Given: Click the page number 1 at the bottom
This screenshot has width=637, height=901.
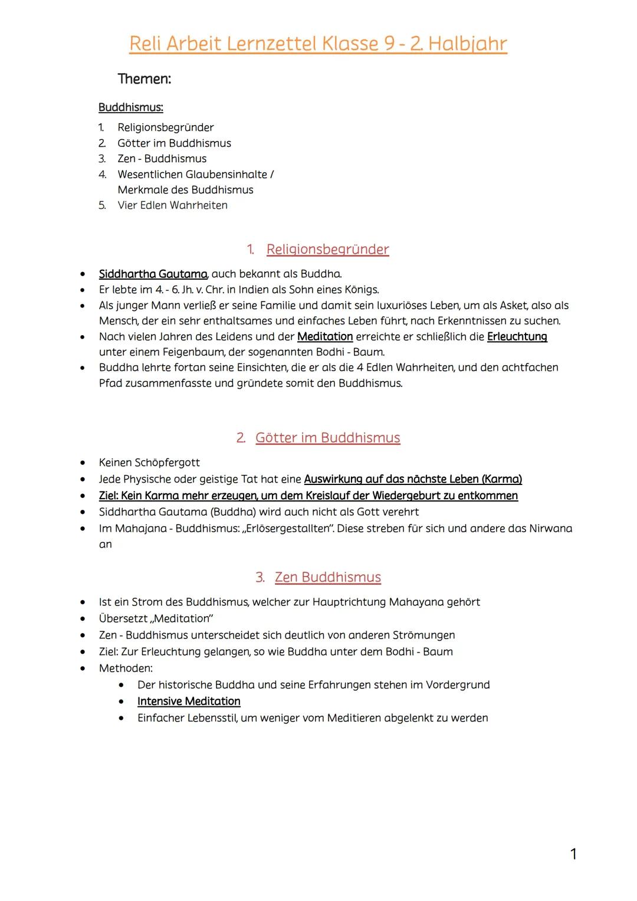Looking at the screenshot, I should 573,854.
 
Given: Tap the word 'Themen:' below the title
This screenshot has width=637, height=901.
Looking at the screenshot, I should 145,79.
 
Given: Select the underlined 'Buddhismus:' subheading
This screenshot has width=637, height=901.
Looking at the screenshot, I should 130,107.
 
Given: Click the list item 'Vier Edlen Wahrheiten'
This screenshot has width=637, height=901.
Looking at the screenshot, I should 172,205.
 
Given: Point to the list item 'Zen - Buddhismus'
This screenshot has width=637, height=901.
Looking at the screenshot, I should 162,159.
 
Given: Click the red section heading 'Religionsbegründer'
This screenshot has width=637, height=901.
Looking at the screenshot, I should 327,250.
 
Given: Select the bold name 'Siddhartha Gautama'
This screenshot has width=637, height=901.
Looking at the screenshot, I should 153,274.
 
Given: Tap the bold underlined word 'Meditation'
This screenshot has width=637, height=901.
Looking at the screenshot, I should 325,336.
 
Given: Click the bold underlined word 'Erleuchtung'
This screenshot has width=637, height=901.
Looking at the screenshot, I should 517,336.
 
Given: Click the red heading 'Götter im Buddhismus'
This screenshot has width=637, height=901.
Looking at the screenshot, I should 327,438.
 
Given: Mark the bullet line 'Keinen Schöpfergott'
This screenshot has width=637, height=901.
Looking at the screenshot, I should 149,463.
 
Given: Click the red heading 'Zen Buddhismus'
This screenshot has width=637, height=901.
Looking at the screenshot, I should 327,577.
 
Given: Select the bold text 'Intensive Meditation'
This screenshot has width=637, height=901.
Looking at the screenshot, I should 189,702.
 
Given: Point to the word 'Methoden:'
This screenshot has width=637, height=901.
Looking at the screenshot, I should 126,669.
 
